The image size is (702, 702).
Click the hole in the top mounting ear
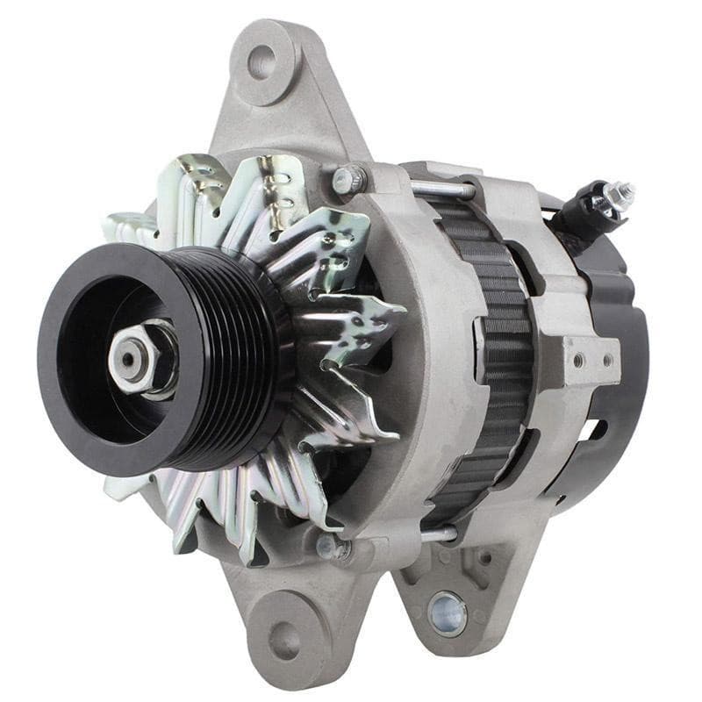[261, 62]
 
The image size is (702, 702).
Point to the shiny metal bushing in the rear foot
[448, 612]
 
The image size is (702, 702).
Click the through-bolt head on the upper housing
[347, 180]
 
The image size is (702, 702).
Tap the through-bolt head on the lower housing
[332, 547]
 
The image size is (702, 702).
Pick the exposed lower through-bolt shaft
[438, 534]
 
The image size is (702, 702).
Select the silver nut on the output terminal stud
[622, 195]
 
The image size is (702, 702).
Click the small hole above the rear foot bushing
[485, 557]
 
